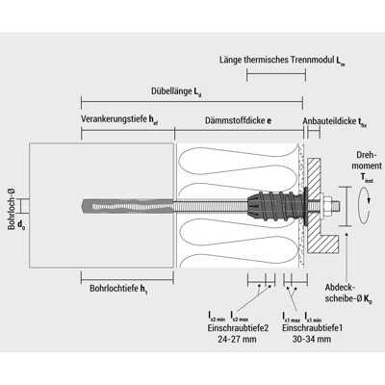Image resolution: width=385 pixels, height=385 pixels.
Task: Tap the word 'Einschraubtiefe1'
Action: coord(314,327)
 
